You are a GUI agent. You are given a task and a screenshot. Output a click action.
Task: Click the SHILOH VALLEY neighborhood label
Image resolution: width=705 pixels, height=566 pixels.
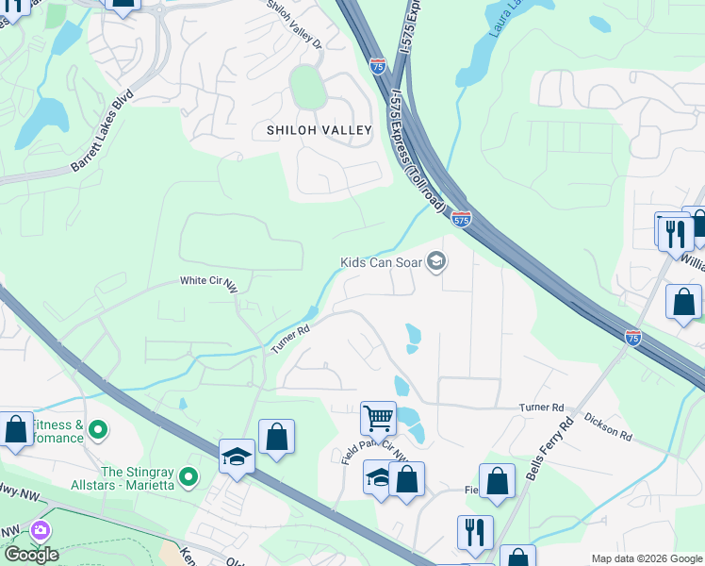[x=320, y=130]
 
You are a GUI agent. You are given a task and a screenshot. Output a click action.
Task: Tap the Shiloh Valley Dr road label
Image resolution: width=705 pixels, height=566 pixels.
[x=295, y=25]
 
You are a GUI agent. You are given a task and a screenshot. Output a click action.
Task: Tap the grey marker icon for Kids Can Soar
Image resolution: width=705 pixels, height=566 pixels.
[x=436, y=261]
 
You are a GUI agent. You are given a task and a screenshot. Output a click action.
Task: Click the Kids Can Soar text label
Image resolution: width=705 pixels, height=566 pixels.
[x=381, y=261]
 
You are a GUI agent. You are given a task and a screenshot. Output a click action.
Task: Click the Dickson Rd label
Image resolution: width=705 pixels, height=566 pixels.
[x=608, y=425]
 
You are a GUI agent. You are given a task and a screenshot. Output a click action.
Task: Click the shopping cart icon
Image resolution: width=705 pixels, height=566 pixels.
[x=378, y=416]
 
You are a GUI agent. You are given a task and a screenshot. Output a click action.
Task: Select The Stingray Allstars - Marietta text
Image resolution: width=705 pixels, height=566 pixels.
[x=139, y=478]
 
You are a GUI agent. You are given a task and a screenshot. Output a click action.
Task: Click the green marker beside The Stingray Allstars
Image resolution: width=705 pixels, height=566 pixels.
[x=189, y=478]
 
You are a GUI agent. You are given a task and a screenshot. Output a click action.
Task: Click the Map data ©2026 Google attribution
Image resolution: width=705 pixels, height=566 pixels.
[x=647, y=558]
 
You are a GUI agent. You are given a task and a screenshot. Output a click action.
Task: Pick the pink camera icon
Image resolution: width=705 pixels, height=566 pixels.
[x=41, y=531]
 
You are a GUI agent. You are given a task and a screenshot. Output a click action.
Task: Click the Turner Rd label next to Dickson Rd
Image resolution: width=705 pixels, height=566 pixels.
[x=540, y=407]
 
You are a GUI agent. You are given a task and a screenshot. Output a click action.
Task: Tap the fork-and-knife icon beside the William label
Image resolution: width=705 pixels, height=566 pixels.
[x=675, y=232]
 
